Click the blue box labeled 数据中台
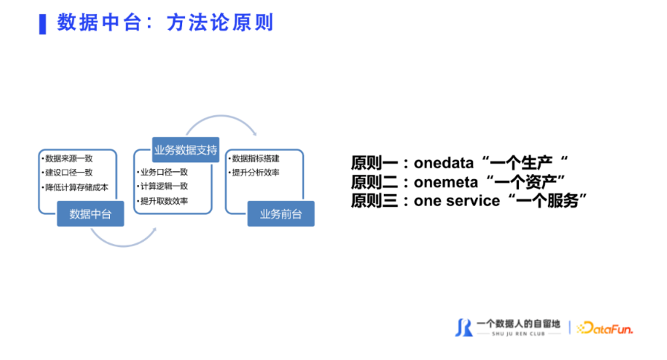[x=91, y=213]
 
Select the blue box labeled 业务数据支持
[x=185, y=150]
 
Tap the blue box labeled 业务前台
[x=281, y=213]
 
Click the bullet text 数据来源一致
[x=69, y=158]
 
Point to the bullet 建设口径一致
[x=69, y=173]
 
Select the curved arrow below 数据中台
[x=123, y=245]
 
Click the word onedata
[x=444, y=163]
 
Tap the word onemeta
[x=446, y=182]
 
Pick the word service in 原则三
[x=473, y=201]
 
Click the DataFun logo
[x=605, y=328]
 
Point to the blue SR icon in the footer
[x=464, y=328]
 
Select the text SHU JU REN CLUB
[x=518, y=334]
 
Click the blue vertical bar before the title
[x=42, y=25]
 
